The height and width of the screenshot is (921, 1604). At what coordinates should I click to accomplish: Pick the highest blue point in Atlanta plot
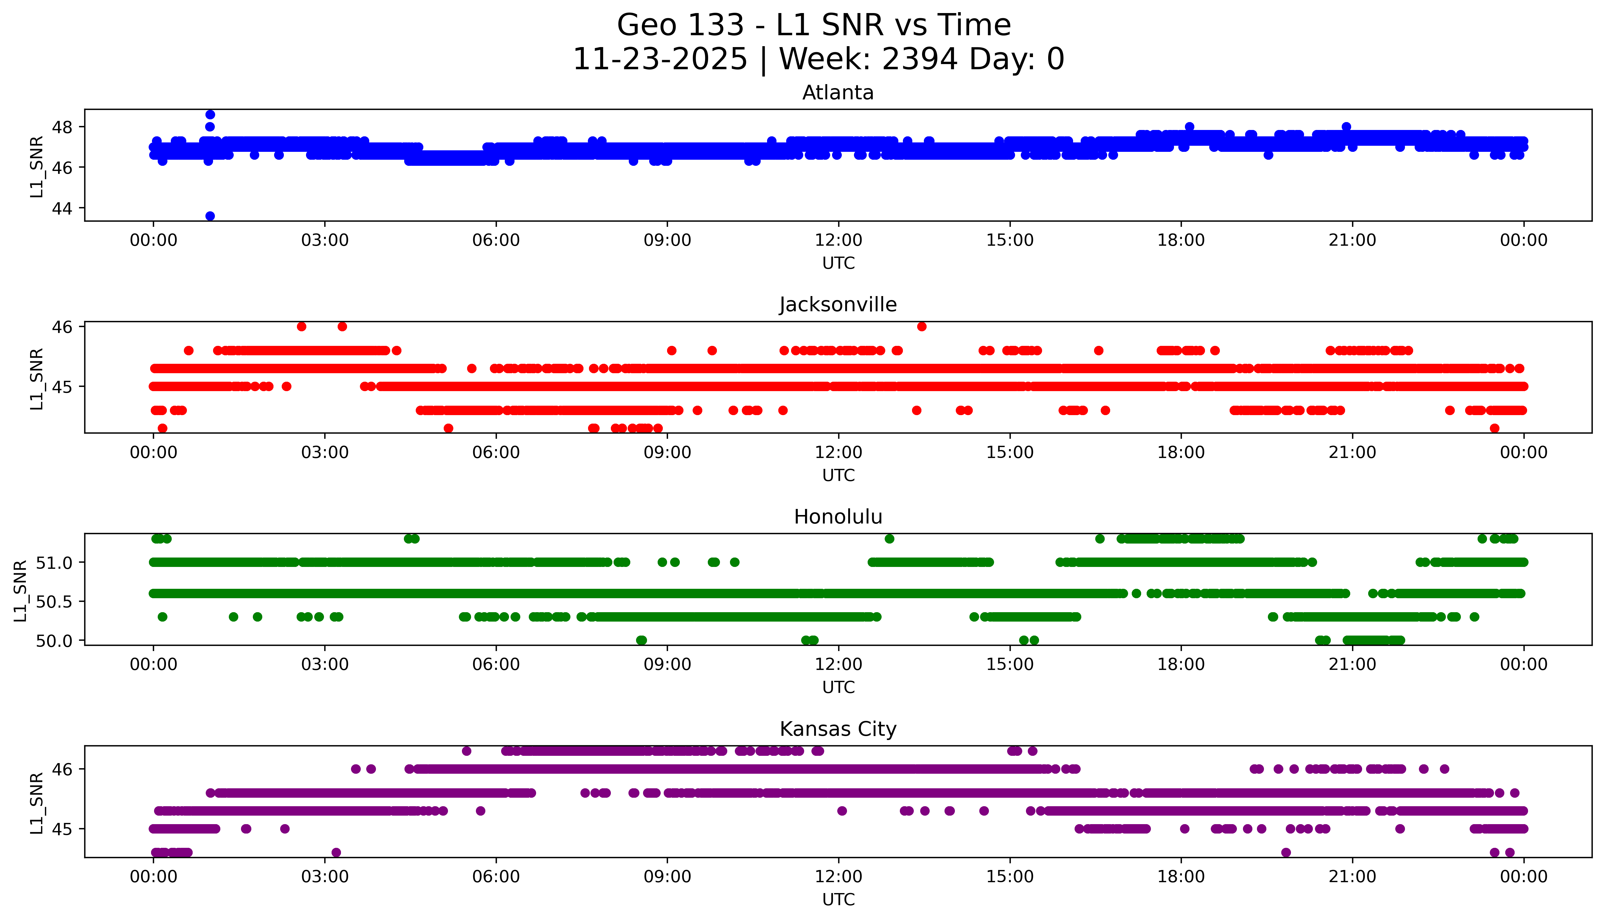tap(210, 114)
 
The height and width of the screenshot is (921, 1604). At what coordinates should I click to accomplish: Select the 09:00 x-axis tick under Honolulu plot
tap(667, 664)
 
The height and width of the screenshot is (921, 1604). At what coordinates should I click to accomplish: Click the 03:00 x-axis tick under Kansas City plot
tap(325, 877)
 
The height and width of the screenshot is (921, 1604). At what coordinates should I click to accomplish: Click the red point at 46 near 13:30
tap(922, 326)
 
